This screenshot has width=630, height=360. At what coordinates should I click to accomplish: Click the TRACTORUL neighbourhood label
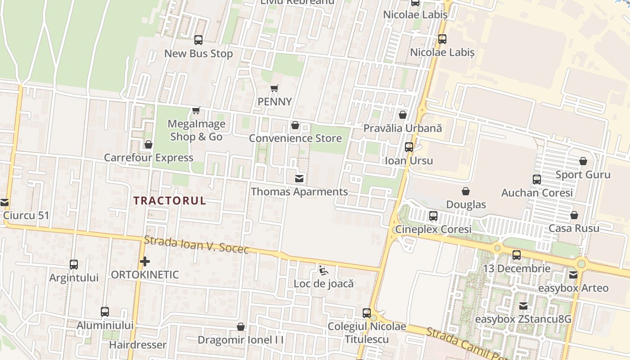(x=170, y=201)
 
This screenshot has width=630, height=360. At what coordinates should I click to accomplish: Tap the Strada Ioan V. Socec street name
(x=196, y=245)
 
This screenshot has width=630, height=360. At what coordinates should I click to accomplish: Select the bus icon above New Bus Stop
(x=198, y=40)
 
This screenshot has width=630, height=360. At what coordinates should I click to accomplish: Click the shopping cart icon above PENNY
(x=274, y=88)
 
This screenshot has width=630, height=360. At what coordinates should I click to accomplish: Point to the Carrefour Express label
(x=148, y=158)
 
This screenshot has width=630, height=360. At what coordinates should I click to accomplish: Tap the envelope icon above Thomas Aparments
(x=299, y=179)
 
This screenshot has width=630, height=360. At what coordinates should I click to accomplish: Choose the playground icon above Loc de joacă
(x=323, y=270)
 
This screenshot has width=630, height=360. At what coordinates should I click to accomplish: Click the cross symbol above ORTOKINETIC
(x=144, y=261)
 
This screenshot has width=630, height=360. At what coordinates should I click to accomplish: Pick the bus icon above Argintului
(x=74, y=265)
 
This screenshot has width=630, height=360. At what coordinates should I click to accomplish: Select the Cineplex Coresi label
(x=433, y=229)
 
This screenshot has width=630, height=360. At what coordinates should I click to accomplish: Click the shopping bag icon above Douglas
(x=466, y=192)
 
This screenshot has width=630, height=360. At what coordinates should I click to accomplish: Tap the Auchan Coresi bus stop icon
(x=536, y=180)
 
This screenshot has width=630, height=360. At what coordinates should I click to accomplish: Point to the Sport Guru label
(x=583, y=175)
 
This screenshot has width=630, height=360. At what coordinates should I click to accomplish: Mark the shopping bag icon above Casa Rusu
(x=574, y=215)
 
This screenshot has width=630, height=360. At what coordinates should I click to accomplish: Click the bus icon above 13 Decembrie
(x=517, y=255)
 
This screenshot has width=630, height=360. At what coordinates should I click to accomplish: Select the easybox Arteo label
(x=573, y=288)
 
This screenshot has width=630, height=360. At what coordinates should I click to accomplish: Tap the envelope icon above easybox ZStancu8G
(x=523, y=306)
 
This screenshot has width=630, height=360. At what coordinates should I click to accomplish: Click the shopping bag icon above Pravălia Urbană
(x=403, y=115)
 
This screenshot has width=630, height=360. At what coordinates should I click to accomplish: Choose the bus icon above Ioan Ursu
(x=409, y=147)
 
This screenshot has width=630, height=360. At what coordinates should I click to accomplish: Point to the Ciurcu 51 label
(x=26, y=216)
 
